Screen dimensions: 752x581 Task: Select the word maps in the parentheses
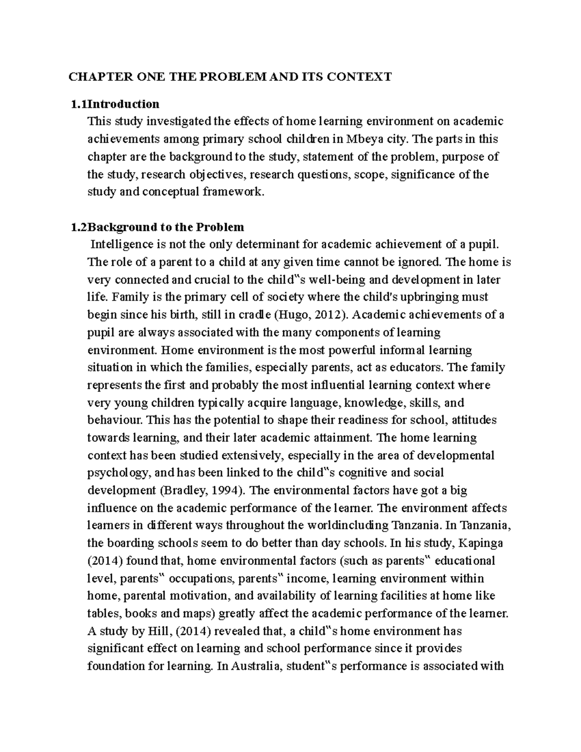click(x=197, y=613)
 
